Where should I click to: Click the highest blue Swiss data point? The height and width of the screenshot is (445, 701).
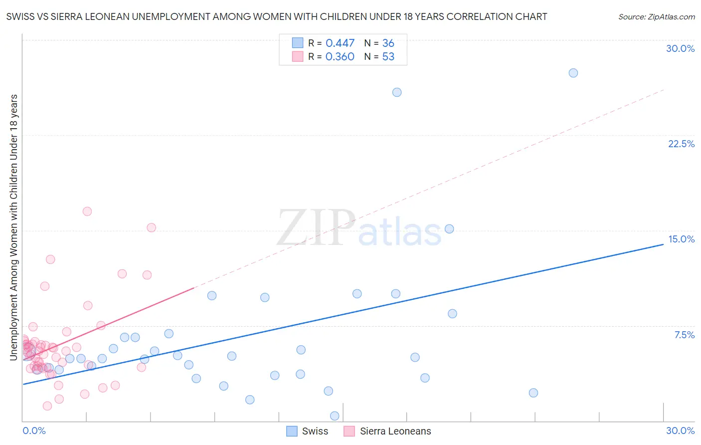pos(573,73)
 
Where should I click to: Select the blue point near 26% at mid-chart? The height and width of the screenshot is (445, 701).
pos(397,92)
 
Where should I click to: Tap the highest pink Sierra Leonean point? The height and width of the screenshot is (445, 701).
pos(87,212)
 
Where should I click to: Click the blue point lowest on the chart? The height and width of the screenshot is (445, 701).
pos(335,416)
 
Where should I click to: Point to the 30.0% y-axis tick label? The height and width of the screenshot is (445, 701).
pos(680,48)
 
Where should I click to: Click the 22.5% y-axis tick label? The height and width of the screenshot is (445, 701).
pos(681,144)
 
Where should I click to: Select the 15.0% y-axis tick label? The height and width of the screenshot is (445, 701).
pos(681,239)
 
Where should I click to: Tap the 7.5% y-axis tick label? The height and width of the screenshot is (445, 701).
pos(684,335)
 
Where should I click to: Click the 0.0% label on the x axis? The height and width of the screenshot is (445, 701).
pos(34,431)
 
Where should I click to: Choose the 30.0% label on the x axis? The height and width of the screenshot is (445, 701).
pos(680,431)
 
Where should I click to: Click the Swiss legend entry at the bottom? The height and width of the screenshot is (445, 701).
pos(308,431)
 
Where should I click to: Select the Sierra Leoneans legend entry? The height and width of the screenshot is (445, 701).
pos(388,431)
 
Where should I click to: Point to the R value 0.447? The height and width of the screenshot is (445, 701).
pos(340,43)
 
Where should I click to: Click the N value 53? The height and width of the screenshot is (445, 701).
pos(388,57)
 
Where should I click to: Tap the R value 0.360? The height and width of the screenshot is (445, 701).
pos(340,57)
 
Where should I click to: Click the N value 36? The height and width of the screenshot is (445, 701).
pos(388,43)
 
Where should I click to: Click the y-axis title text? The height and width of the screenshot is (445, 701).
pos(13,227)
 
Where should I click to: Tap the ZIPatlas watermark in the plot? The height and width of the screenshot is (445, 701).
pos(359,228)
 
